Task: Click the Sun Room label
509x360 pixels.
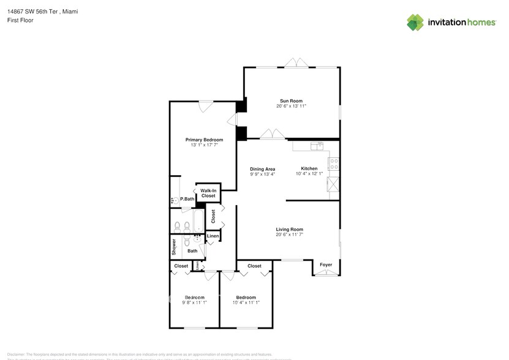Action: click(x=291, y=101)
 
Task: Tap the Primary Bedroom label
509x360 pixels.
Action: click(x=204, y=140)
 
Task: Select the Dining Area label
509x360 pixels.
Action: click(x=262, y=169)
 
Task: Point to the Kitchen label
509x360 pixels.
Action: click(x=309, y=169)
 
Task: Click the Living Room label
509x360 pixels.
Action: click(x=289, y=230)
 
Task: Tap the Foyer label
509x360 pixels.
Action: click(x=326, y=265)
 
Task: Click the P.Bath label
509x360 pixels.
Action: click(x=187, y=199)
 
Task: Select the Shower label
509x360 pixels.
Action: click(x=174, y=247)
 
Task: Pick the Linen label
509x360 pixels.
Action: click(x=213, y=236)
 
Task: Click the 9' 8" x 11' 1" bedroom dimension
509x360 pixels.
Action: click(x=194, y=302)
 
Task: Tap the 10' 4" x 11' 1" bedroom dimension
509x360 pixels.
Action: click(x=246, y=302)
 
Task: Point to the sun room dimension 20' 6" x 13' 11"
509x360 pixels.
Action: click(x=291, y=107)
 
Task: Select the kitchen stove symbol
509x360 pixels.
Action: click(x=334, y=164)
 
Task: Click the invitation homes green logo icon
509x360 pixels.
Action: click(x=415, y=22)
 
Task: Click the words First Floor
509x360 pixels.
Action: click(x=20, y=20)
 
